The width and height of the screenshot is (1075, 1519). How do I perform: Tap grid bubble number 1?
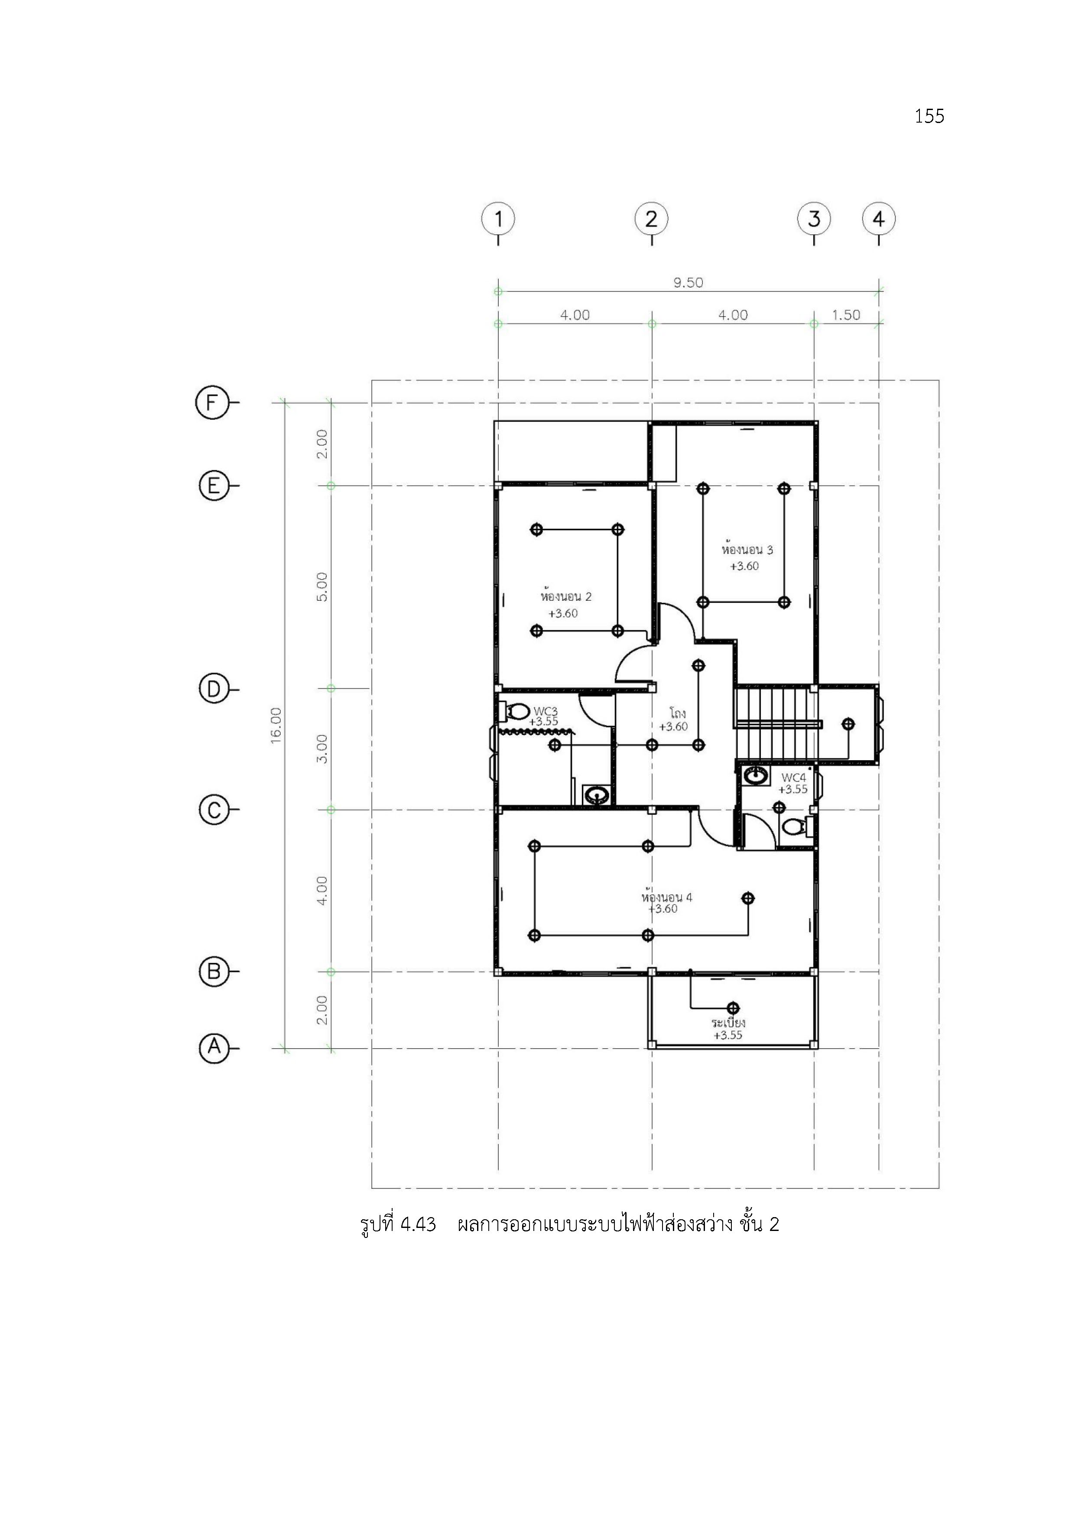coord(498,219)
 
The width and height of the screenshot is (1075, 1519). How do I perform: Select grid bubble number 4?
coord(878,219)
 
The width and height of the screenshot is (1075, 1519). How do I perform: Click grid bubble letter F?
coord(212,402)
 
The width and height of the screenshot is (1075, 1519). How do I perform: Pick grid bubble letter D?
coord(214,690)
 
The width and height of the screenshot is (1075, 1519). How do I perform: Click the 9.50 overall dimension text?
coord(689,282)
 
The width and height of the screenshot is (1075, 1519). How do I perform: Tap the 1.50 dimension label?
coord(846,315)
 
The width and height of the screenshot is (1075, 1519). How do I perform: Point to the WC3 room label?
coord(546,711)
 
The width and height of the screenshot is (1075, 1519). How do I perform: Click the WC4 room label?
coord(794,778)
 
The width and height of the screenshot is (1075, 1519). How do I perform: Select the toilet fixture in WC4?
coord(797,826)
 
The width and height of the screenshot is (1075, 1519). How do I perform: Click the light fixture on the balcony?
coord(733,1007)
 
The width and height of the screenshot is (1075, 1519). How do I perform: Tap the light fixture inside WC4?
coord(779,807)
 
